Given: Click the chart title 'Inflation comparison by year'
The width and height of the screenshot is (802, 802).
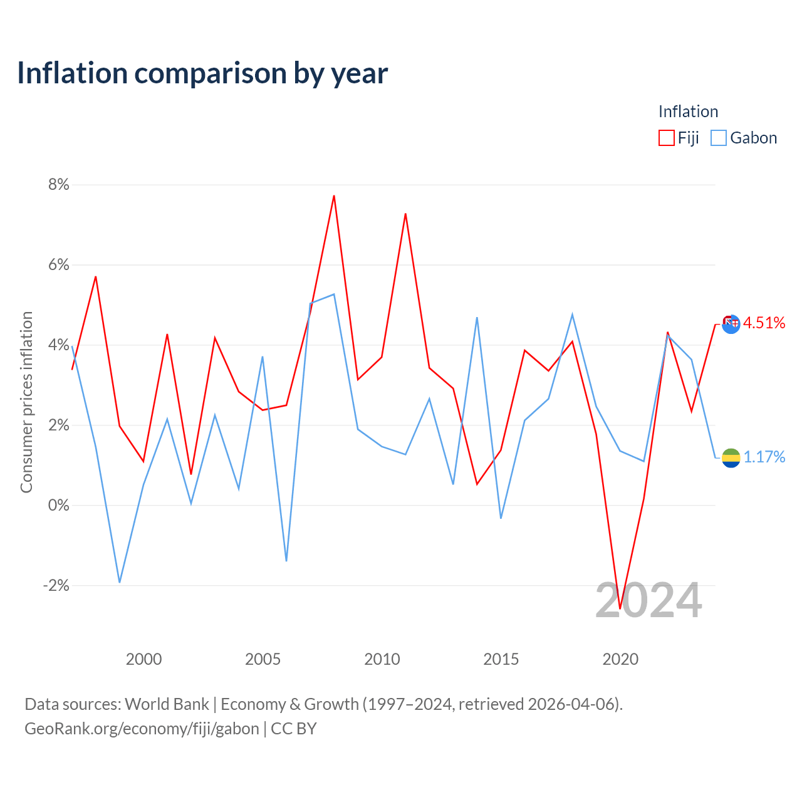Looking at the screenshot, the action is (x=202, y=74).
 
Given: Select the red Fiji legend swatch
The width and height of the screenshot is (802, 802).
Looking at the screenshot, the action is (x=666, y=138).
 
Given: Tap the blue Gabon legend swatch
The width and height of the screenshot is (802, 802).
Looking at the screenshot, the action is (x=718, y=138).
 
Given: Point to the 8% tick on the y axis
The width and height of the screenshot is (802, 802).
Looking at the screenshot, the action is (x=59, y=184).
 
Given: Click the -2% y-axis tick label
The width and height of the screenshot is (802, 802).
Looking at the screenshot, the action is (x=56, y=585).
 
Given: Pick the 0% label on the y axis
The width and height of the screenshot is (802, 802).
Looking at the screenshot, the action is (x=59, y=505).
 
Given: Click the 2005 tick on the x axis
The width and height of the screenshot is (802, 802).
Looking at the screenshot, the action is (x=263, y=659).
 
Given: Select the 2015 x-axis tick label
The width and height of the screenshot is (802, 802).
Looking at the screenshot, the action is (x=501, y=659).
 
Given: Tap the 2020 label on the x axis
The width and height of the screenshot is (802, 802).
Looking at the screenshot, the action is (x=620, y=659).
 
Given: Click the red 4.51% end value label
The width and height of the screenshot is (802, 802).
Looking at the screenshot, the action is (x=764, y=323).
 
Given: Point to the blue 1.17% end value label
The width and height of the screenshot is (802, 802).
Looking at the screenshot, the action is (x=764, y=457).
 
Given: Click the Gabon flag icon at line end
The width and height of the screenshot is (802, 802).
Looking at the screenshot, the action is (x=731, y=458).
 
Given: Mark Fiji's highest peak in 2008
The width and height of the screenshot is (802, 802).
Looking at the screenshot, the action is (x=334, y=195).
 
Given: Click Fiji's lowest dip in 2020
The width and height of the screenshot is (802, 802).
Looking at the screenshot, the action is (x=620, y=608).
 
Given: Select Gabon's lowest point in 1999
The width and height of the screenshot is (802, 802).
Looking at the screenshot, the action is (x=120, y=582).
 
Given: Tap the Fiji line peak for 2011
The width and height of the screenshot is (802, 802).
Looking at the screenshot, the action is (x=405, y=214).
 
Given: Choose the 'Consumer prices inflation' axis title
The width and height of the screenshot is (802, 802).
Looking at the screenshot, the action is (x=26, y=402).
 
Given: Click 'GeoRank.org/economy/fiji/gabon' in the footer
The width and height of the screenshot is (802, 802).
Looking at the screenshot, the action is (x=142, y=729).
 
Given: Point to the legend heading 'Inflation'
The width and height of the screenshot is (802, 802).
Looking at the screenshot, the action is (x=689, y=112).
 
